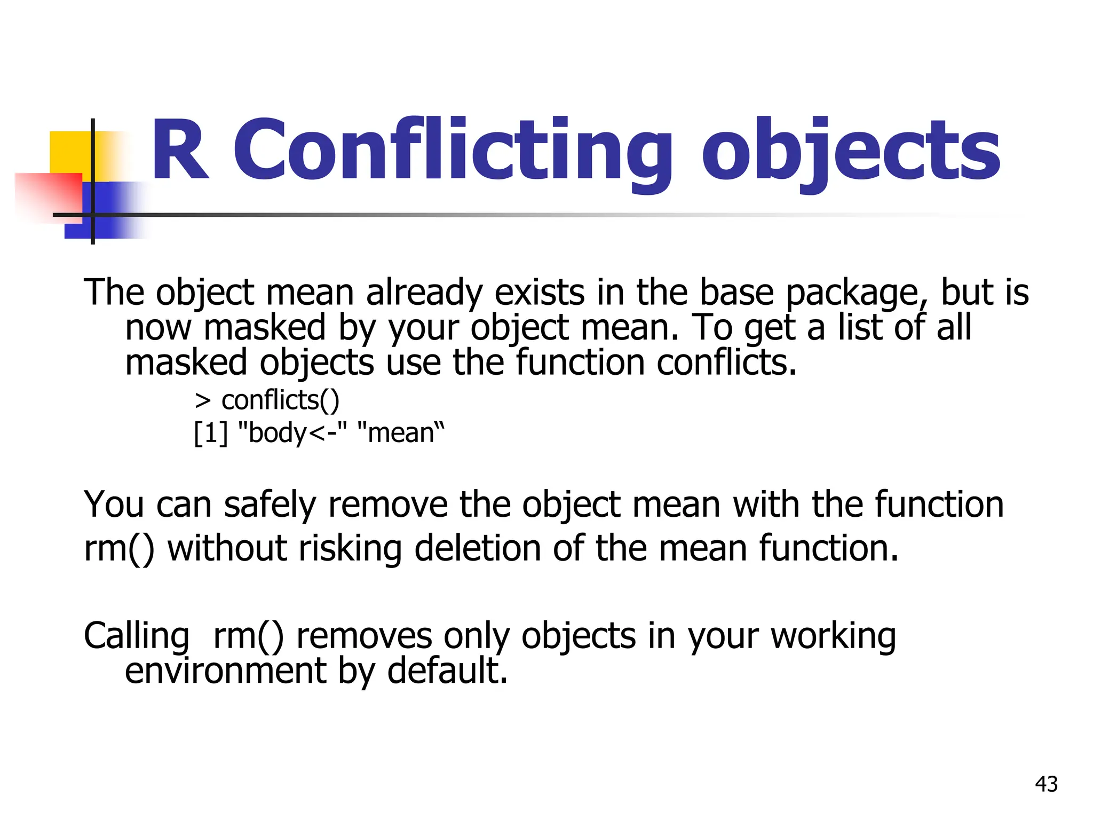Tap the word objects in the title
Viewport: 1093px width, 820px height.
(851, 152)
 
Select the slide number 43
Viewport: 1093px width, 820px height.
(1046, 784)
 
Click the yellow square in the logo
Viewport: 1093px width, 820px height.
(69, 152)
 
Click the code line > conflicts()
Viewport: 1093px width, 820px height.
(267, 400)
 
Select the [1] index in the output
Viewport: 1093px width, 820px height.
(210, 432)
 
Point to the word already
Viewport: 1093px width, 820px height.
(424, 294)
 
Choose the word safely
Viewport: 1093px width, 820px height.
(270, 505)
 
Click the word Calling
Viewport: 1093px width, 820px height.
(137, 636)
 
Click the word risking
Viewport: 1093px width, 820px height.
(350, 549)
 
